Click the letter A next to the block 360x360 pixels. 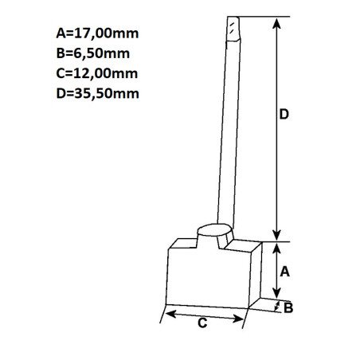(x=284, y=271)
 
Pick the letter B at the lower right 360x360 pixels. (x=289, y=307)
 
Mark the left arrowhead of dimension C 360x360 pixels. (x=166, y=315)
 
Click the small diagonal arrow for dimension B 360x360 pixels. (x=276, y=306)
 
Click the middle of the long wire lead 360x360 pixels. (x=225, y=127)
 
